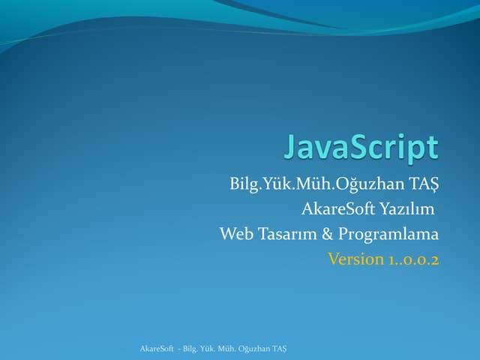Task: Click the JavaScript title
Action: [x=361, y=148]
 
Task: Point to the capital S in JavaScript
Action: [x=364, y=146]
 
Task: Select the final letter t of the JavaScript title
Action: [x=431, y=147]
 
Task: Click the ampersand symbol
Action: [x=328, y=234]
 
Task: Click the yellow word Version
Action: [x=355, y=259]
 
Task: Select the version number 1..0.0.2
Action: [x=413, y=259]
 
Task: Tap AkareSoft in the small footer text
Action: [x=154, y=349]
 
